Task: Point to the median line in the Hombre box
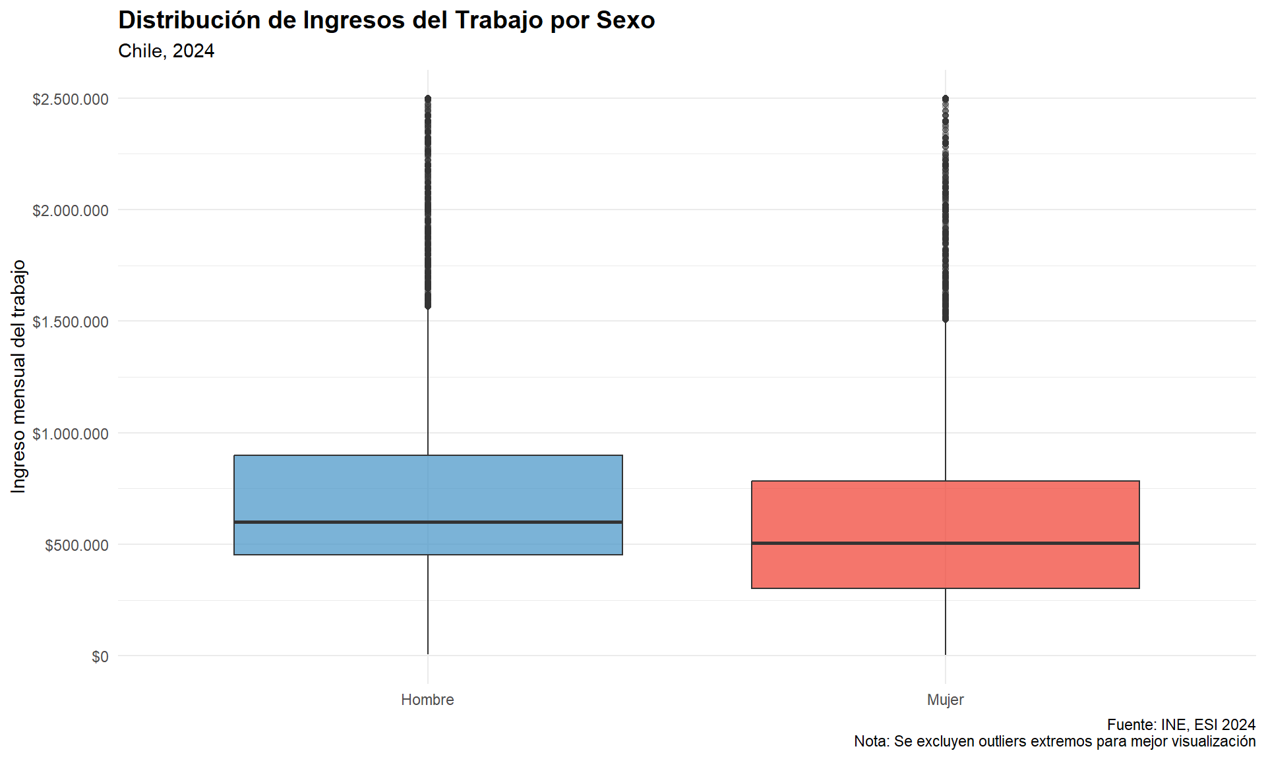pos(428,522)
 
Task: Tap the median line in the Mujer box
pos(945,543)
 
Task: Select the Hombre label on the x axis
pos(427,700)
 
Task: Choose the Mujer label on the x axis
pos(945,700)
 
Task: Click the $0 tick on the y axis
pos(100,657)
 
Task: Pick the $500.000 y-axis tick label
pos(76,546)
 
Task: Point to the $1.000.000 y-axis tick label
pos(71,434)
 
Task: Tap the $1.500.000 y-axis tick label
pos(71,322)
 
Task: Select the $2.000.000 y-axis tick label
pos(71,211)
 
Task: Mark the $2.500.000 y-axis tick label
pos(71,99)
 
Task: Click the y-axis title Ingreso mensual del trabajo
pos(18,376)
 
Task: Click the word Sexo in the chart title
pos(625,20)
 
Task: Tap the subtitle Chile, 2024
pos(166,51)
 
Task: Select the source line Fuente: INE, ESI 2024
pos(1181,725)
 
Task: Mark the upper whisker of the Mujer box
pos(945,402)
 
